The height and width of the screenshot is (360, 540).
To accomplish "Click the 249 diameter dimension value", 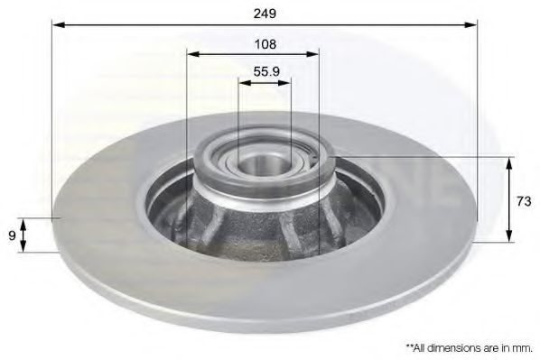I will pyautogui.click(x=264, y=14).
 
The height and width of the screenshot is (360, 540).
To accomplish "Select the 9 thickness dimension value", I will pyautogui.click(x=11, y=235).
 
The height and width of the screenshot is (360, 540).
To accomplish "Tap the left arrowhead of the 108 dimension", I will pyautogui.click(x=191, y=54).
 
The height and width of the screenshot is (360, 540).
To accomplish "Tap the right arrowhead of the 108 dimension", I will pyautogui.click(x=316, y=54).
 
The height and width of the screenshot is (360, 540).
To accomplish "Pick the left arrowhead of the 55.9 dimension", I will pyautogui.click(x=243, y=82).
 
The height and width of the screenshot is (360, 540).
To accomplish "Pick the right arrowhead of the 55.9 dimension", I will pyautogui.click(x=286, y=82).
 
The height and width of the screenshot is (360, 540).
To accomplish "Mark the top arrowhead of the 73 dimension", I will pyautogui.click(x=508, y=162).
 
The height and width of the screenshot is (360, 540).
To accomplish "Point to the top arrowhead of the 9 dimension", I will pyautogui.click(x=24, y=222).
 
